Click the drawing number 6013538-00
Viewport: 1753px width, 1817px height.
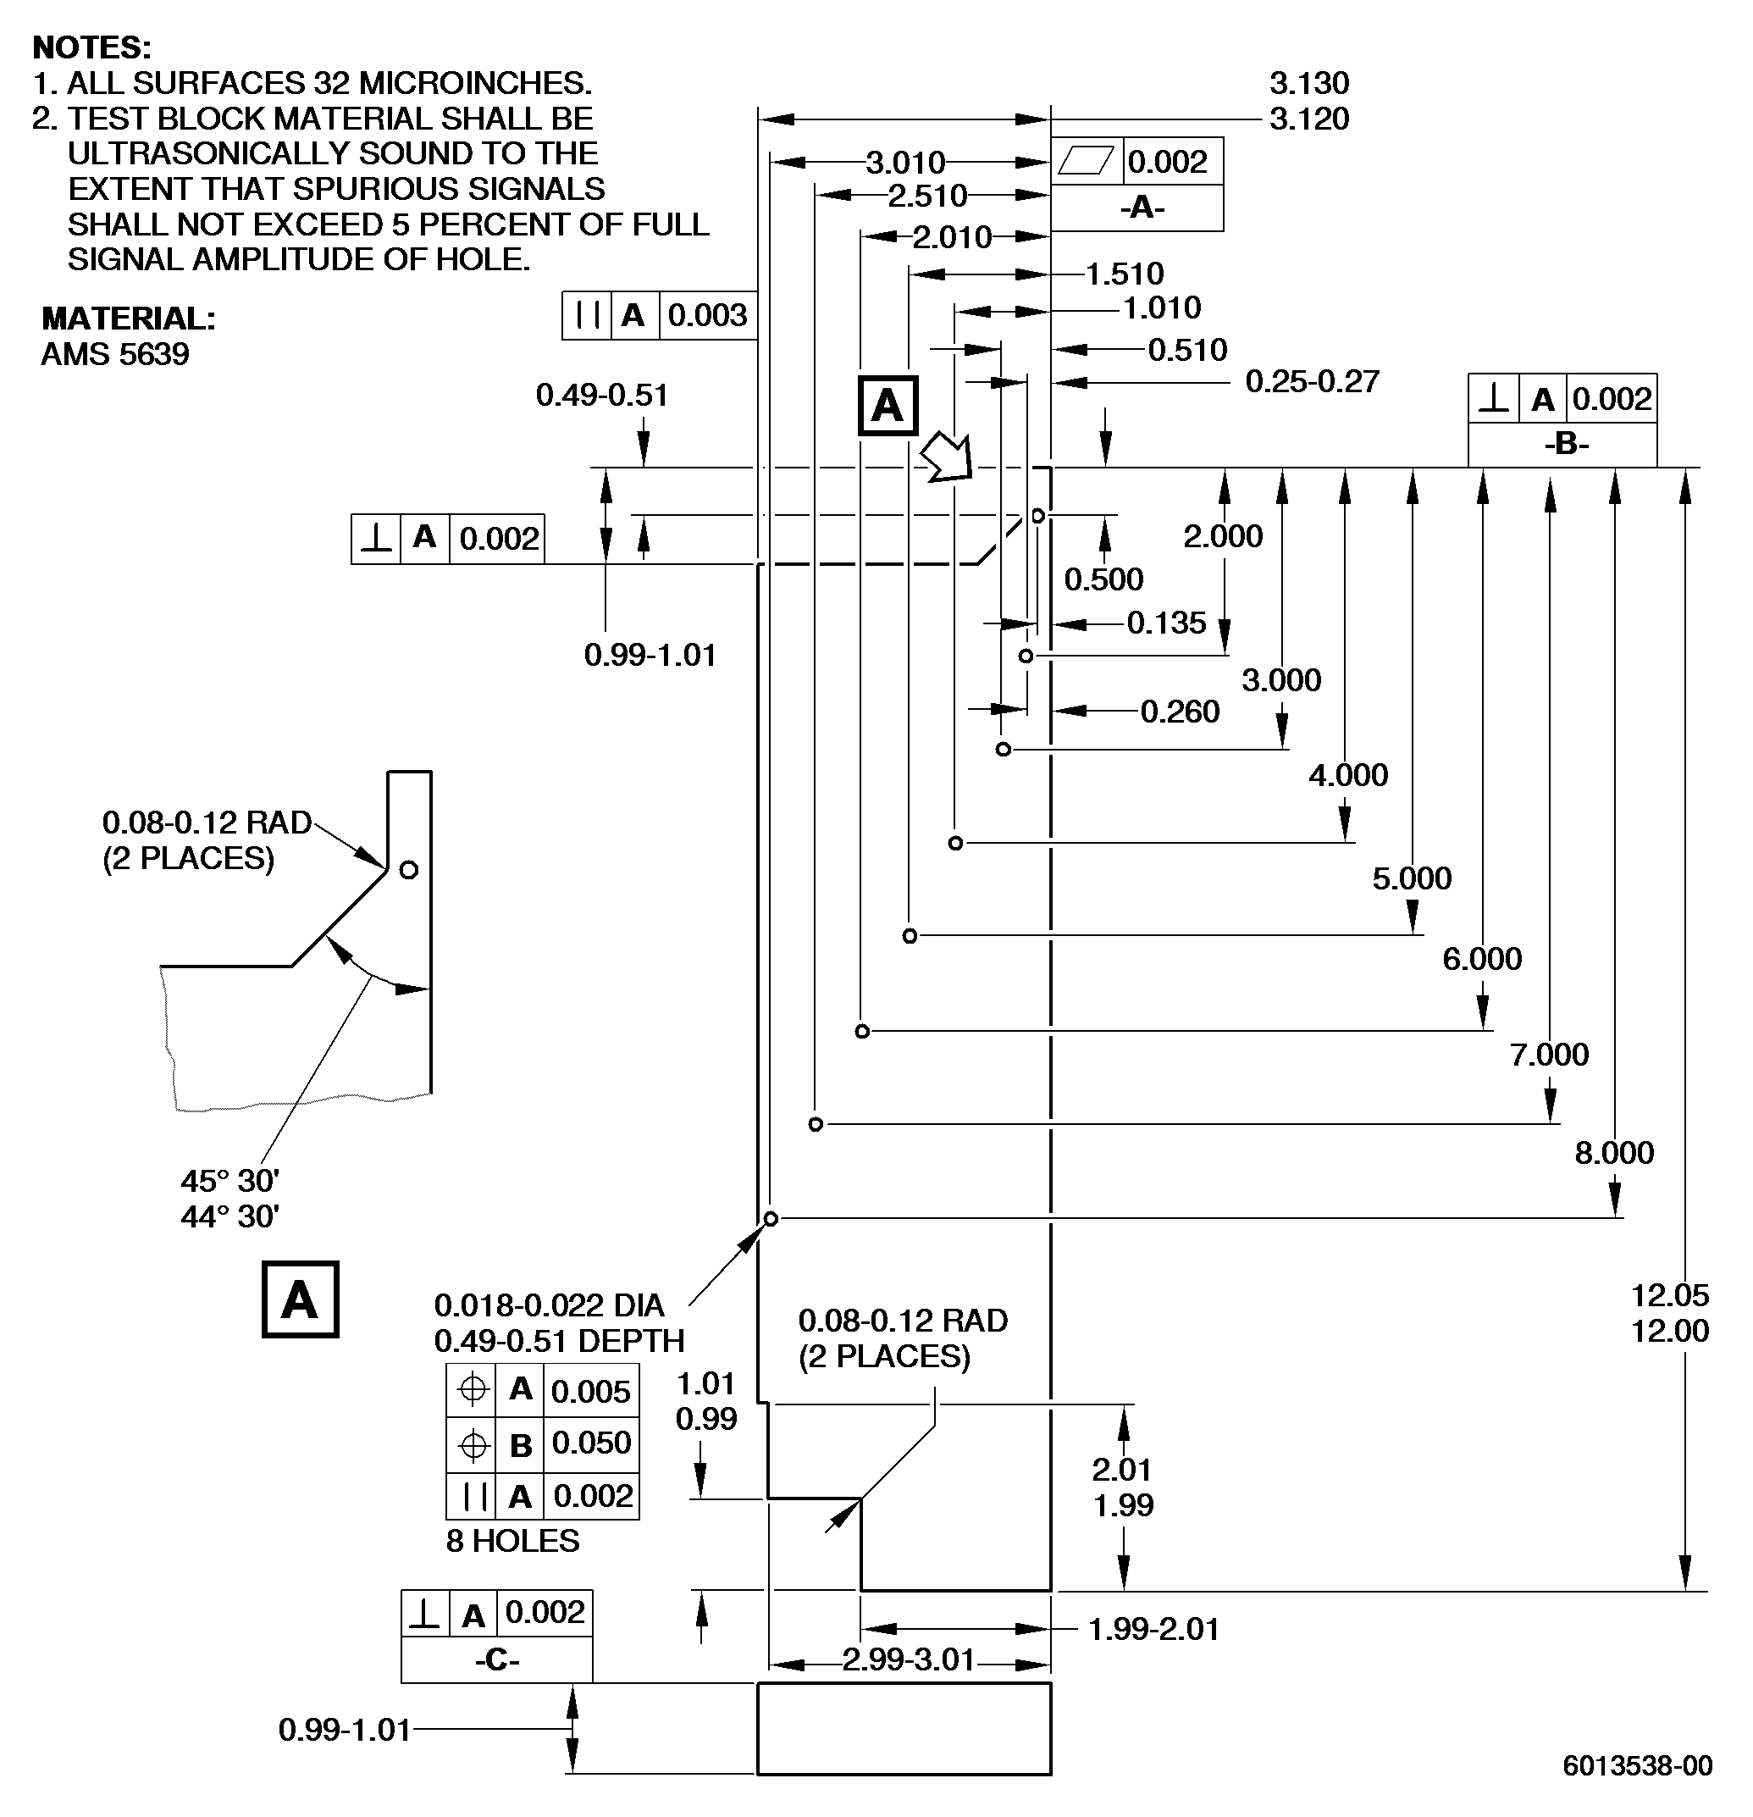pos(1637,1765)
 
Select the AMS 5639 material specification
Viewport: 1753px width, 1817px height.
pos(115,354)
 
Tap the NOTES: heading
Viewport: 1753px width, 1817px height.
pos(91,47)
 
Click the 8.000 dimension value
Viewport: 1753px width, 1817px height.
pos(1614,1152)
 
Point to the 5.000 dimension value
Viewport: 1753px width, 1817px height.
pos(1412,878)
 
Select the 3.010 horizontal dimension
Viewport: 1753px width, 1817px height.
pos(905,163)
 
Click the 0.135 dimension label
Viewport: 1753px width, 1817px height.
pos(1166,622)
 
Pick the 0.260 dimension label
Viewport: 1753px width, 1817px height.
pos(1179,711)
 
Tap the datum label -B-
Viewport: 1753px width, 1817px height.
pos(1567,444)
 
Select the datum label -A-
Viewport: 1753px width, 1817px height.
pos(1142,207)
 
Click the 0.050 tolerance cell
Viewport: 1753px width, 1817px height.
pos(590,1443)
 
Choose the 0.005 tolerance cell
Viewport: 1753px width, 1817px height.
pos(590,1391)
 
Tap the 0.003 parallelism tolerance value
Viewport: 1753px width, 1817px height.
pos(707,315)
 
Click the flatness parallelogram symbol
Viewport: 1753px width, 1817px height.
pos(1086,161)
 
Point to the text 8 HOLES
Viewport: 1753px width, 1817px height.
pos(512,1541)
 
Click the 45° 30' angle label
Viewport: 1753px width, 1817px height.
pos(229,1180)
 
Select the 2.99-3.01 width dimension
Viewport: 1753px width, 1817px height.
pos(909,1659)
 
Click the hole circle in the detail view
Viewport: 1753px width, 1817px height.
pos(409,870)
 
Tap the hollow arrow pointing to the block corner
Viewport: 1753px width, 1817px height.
pos(948,456)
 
